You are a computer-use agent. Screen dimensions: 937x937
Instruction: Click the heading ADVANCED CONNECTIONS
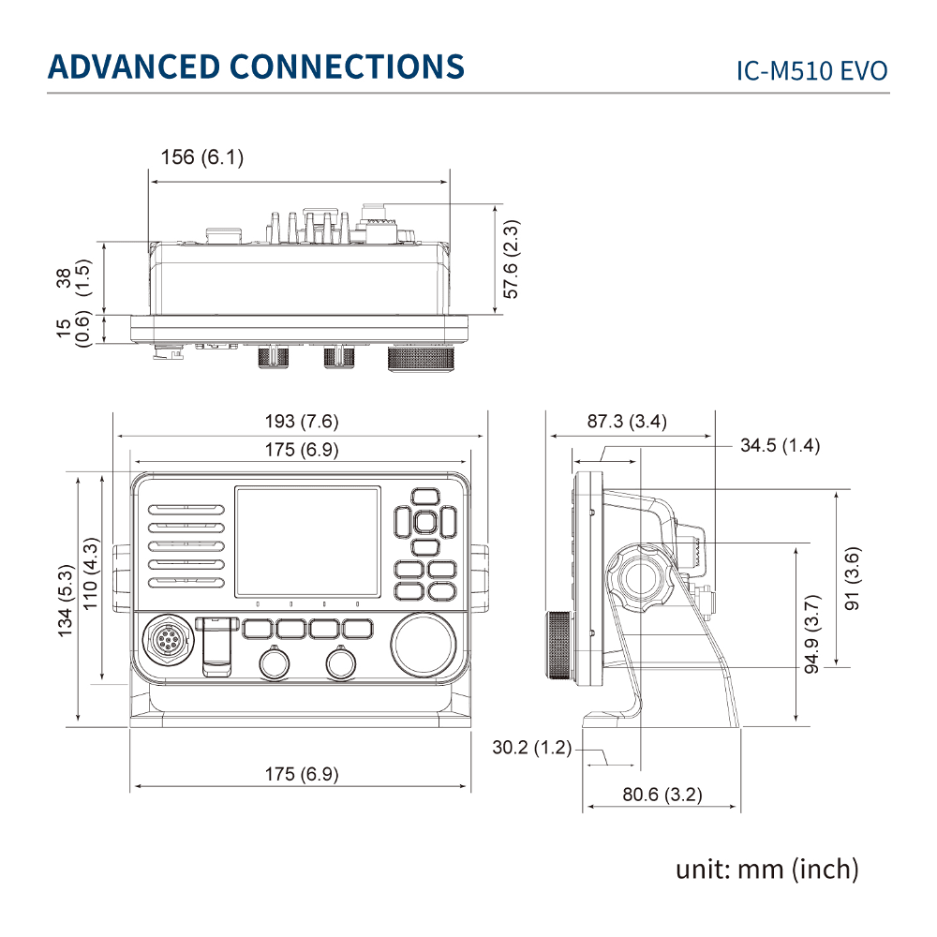256,67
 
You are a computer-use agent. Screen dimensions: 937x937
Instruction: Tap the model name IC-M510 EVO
811,71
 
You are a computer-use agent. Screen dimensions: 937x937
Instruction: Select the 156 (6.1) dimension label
202,157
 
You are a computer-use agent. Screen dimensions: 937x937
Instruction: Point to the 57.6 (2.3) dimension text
511,259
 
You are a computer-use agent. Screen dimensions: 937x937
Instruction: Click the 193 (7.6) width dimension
302,422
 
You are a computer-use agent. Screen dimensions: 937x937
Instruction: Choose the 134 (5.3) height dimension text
65,600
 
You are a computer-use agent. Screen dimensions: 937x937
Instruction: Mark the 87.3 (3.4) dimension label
627,422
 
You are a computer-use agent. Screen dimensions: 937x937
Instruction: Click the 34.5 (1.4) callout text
780,445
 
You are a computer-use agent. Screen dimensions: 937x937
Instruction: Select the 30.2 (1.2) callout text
532,748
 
